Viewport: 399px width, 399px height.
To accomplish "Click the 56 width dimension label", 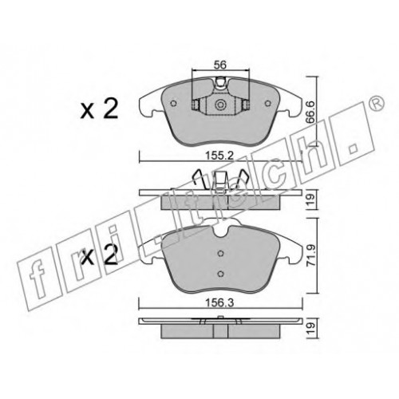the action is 220,65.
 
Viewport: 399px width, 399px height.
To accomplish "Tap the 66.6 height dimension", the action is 310,112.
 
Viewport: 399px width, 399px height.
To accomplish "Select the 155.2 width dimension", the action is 220,156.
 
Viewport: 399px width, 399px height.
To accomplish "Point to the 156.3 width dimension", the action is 220,302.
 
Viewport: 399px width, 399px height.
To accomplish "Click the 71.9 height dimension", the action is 310,256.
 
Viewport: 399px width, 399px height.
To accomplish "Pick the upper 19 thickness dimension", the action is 310,199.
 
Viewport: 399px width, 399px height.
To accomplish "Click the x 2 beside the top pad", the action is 99,109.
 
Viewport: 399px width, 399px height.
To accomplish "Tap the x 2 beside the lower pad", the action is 99,255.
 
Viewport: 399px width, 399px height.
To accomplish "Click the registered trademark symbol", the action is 377,102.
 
